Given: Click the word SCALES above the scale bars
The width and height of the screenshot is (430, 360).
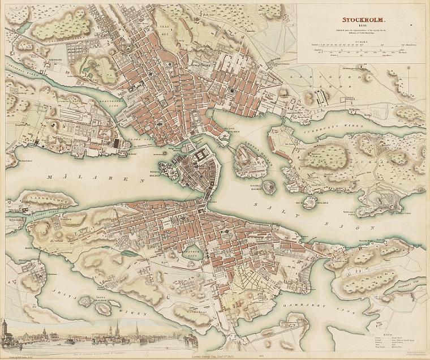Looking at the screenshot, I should click(x=360, y=38).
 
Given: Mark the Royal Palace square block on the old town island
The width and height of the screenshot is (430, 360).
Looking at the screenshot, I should click(x=201, y=156).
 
